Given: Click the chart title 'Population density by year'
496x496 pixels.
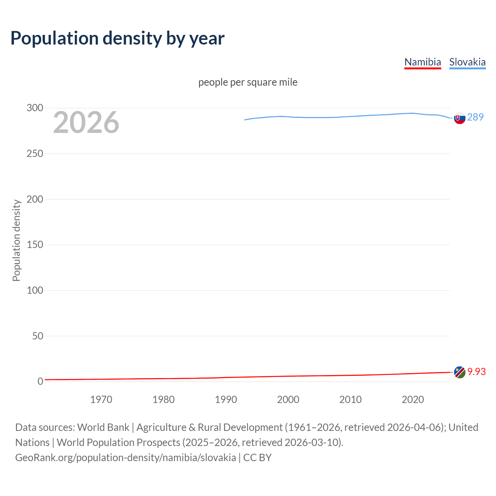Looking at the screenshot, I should (117, 38).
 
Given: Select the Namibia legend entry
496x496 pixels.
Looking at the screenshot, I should (422, 62).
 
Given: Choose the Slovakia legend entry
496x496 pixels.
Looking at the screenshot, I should (467, 62).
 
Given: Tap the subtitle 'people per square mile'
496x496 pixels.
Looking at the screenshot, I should (248, 82).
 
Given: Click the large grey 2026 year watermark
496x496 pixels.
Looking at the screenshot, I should (86, 122).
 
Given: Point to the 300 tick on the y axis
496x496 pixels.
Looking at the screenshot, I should (35, 108).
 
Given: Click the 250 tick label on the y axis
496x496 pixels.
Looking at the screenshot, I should (35, 153).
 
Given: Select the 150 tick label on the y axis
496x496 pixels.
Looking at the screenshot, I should (35, 245).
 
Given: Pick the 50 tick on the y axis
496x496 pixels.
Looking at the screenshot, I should (38, 336).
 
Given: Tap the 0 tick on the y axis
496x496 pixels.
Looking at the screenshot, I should (40, 381).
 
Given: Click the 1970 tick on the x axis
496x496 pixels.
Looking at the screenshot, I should (101, 400).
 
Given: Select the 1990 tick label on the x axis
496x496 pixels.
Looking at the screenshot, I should (226, 400).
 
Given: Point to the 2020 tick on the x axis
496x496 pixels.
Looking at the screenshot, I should (413, 400).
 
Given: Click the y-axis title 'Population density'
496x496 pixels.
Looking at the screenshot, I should (16, 240).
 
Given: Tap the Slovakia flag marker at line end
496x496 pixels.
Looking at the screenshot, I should (460, 118).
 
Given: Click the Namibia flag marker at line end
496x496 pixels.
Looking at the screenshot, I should (460, 372).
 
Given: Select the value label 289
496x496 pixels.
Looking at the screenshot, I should (475, 117).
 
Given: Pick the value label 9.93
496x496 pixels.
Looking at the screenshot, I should (476, 372).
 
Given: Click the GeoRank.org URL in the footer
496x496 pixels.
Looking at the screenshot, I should (126, 457).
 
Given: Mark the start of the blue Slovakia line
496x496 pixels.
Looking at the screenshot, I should (245, 120).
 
